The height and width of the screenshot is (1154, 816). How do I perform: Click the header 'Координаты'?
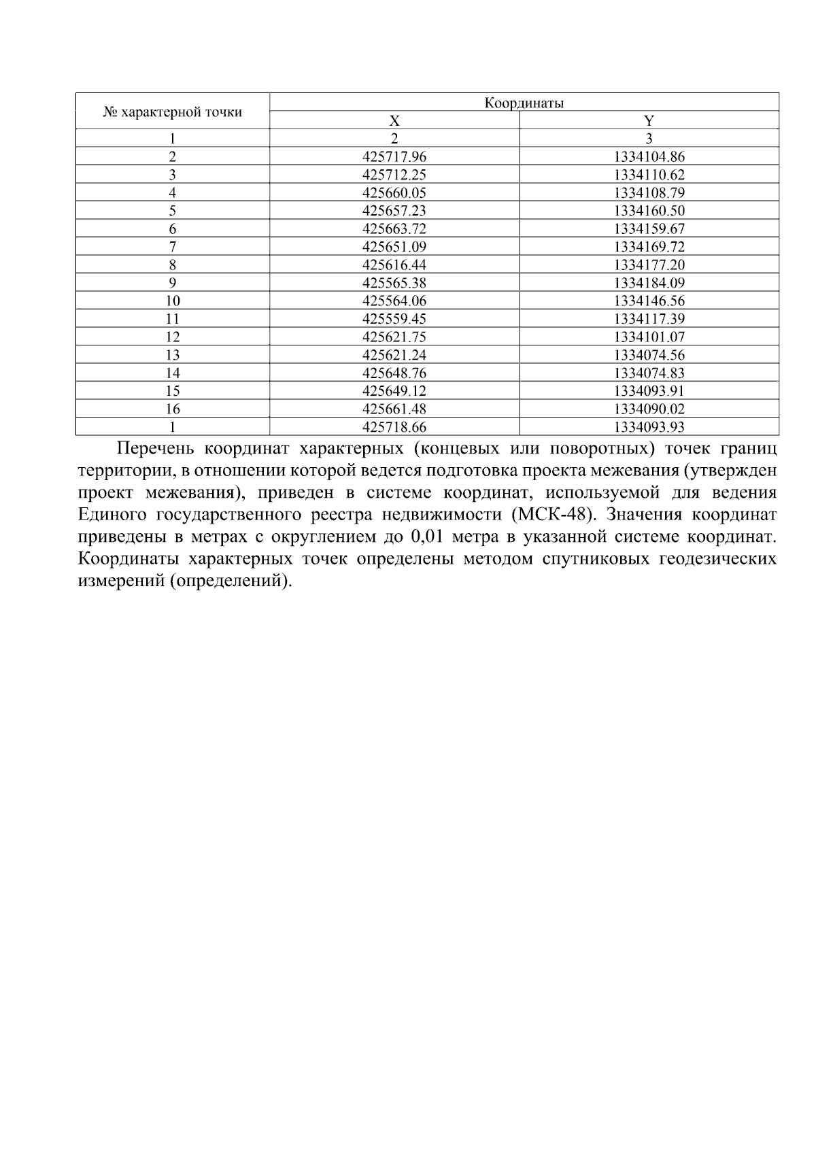(x=524, y=103)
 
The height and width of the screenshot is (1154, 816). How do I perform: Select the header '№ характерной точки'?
(x=172, y=112)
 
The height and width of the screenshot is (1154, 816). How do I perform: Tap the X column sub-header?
(x=394, y=121)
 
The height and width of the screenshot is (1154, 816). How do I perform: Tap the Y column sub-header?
(x=649, y=121)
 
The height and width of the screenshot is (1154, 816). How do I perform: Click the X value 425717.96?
(x=394, y=157)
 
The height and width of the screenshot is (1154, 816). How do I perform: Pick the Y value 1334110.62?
(x=649, y=175)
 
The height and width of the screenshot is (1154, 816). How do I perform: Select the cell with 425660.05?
(x=394, y=193)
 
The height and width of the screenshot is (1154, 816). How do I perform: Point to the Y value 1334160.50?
(x=649, y=211)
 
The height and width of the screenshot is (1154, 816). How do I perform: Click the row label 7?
(x=172, y=247)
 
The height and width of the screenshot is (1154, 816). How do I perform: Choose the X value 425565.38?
(x=394, y=283)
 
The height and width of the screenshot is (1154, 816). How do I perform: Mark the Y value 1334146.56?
(x=649, y=301)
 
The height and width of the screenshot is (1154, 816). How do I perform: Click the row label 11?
(x=172, y=319)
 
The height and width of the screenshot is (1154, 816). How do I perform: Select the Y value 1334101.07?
(x=649, y=337)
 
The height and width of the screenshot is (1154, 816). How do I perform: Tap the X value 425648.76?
(x=394, y=373)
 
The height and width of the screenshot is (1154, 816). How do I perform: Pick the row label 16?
(x=172, y=409)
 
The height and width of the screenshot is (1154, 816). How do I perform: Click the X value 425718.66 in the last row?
(x=394, y=427)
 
